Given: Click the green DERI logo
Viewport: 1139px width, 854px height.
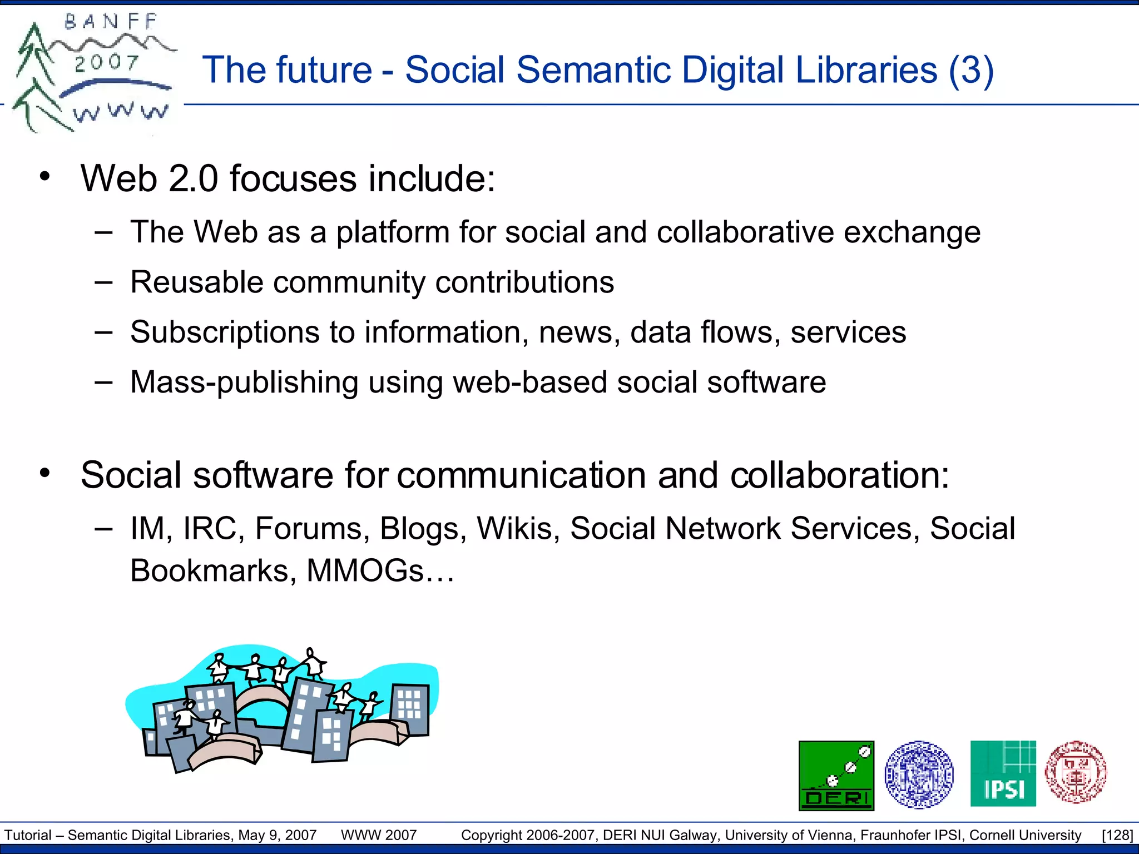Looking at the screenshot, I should [836, 775].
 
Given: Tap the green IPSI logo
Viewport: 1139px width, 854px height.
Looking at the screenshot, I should [1003, 773].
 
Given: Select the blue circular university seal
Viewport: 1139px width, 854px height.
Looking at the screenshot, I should [919, 774].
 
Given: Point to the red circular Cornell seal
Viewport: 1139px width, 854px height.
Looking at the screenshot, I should [1076, 772].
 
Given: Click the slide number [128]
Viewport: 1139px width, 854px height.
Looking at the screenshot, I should [1117, 835].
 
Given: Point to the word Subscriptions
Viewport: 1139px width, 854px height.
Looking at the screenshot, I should [224, 332].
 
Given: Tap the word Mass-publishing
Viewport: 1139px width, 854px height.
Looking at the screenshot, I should [244, 383].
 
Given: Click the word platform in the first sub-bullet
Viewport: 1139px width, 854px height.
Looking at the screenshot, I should [393, 232].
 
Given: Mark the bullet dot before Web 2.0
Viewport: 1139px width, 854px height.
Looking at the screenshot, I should [45, 177].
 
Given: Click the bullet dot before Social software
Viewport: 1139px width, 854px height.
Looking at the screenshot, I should [45, 474].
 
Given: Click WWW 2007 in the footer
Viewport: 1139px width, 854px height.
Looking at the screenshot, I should [379, 835].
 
